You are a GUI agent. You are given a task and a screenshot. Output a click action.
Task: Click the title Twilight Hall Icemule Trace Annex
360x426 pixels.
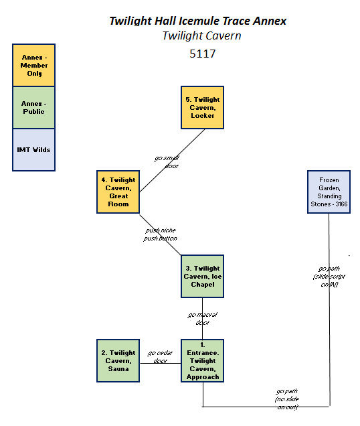197,21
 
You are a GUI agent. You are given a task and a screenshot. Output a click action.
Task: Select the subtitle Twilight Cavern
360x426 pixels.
201,35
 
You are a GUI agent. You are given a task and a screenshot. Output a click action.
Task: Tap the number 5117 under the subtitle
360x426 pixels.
201,52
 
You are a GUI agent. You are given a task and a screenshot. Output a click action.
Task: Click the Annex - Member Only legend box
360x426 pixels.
34,65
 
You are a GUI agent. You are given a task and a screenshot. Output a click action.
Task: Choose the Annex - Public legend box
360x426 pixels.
34,107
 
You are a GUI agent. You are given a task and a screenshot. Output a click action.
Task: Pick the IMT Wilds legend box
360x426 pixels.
34,149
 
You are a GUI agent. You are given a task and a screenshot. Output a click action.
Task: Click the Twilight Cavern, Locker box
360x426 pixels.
201,107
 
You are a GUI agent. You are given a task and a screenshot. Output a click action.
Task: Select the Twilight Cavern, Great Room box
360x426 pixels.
118,192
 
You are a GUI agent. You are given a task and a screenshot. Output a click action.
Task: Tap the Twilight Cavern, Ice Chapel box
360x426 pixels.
201,276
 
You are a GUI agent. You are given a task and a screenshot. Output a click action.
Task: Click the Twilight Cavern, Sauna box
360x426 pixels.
118,360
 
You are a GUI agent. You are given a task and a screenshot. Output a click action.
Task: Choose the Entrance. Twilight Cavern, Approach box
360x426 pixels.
201,360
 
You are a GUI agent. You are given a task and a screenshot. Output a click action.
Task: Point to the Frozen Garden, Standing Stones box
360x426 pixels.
329,192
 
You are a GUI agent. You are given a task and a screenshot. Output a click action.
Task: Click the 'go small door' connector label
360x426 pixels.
167,161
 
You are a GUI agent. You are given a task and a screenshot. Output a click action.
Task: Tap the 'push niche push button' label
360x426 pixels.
161,234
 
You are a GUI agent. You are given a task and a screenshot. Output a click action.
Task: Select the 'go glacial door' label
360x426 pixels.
202,318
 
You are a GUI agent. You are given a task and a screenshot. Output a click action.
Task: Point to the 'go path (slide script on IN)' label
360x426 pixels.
325,276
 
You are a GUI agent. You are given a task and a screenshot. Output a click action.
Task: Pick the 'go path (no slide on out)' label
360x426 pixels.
287,398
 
